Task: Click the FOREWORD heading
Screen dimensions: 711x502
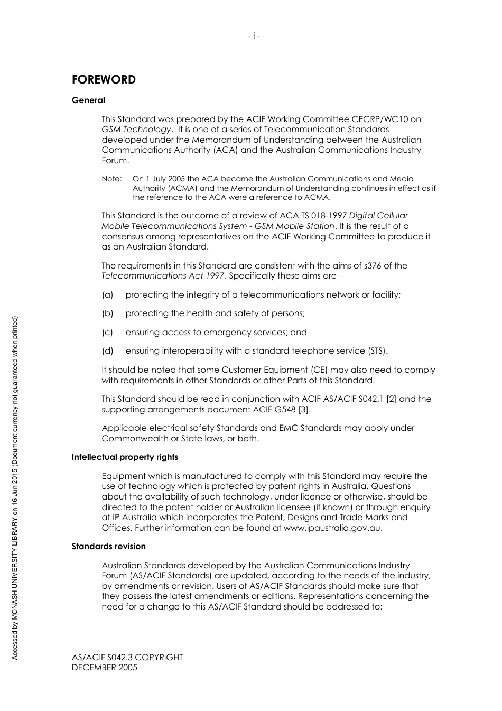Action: point(104,79)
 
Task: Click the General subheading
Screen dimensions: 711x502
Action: point(88,100)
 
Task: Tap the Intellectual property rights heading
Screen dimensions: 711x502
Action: point(125,457)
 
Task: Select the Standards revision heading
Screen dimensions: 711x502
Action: point(108,546)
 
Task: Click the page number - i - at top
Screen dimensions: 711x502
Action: point(254,36)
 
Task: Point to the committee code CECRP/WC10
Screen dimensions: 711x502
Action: point(380,119)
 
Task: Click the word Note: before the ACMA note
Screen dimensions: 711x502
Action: point(111,179)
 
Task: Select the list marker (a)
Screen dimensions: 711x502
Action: point(107,294)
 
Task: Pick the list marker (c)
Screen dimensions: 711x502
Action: point(107,332)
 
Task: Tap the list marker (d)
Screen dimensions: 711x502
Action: point(107,350)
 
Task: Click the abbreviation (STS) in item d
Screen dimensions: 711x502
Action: point(377,350)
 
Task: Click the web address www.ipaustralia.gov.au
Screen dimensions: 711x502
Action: point(332,528)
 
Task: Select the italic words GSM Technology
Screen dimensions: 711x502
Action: point(136,130)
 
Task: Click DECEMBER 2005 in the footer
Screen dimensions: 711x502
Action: point(104,667)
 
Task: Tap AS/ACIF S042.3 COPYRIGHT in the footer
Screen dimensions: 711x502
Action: point(127,657)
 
